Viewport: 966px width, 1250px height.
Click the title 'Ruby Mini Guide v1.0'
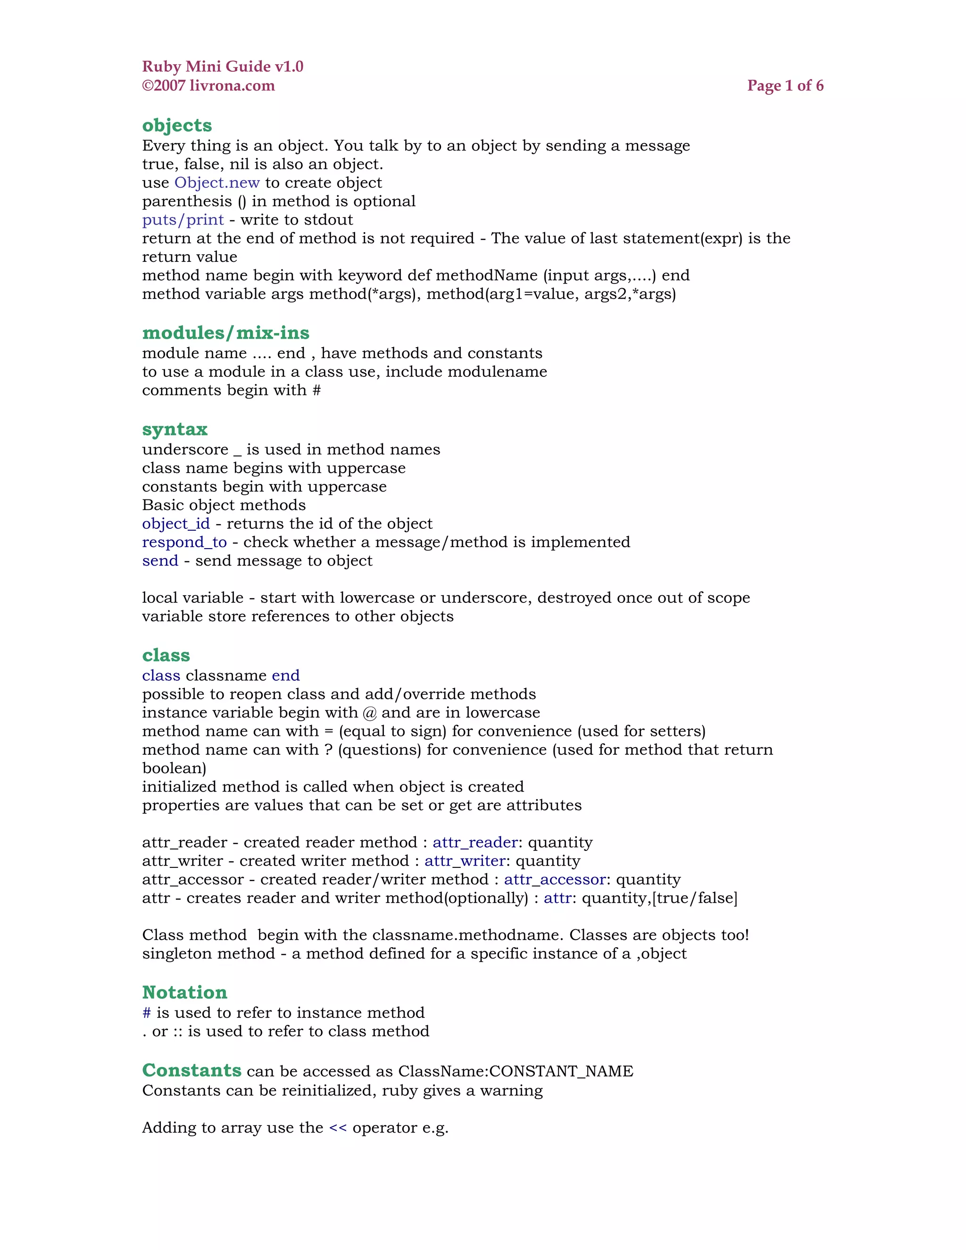click(223, 67)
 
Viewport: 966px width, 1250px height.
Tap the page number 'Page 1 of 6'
click(785, 86)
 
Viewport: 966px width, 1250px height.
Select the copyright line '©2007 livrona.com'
click(208, 86)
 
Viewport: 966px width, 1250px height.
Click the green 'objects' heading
click(177, 125)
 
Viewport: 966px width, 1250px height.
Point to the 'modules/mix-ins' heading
click(225, 333)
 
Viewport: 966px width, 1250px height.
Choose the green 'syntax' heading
click(175, 429)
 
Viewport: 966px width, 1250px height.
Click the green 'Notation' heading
click(184, 992)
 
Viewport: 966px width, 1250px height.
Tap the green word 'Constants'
click(192, 1070)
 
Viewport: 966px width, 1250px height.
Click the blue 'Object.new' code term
click(217, 183)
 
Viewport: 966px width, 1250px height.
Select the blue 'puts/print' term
click(183, 220)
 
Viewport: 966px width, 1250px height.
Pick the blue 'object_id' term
click(175, 524)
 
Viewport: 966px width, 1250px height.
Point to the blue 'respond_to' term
click(184, 542)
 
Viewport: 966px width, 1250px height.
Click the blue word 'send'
click(160, 561)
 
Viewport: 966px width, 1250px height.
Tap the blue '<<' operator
click(338, 1128)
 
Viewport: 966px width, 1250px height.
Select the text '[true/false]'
click(695, 898)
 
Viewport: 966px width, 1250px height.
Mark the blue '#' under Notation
click(147, 1013)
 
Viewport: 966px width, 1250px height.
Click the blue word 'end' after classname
click(285, 676)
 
